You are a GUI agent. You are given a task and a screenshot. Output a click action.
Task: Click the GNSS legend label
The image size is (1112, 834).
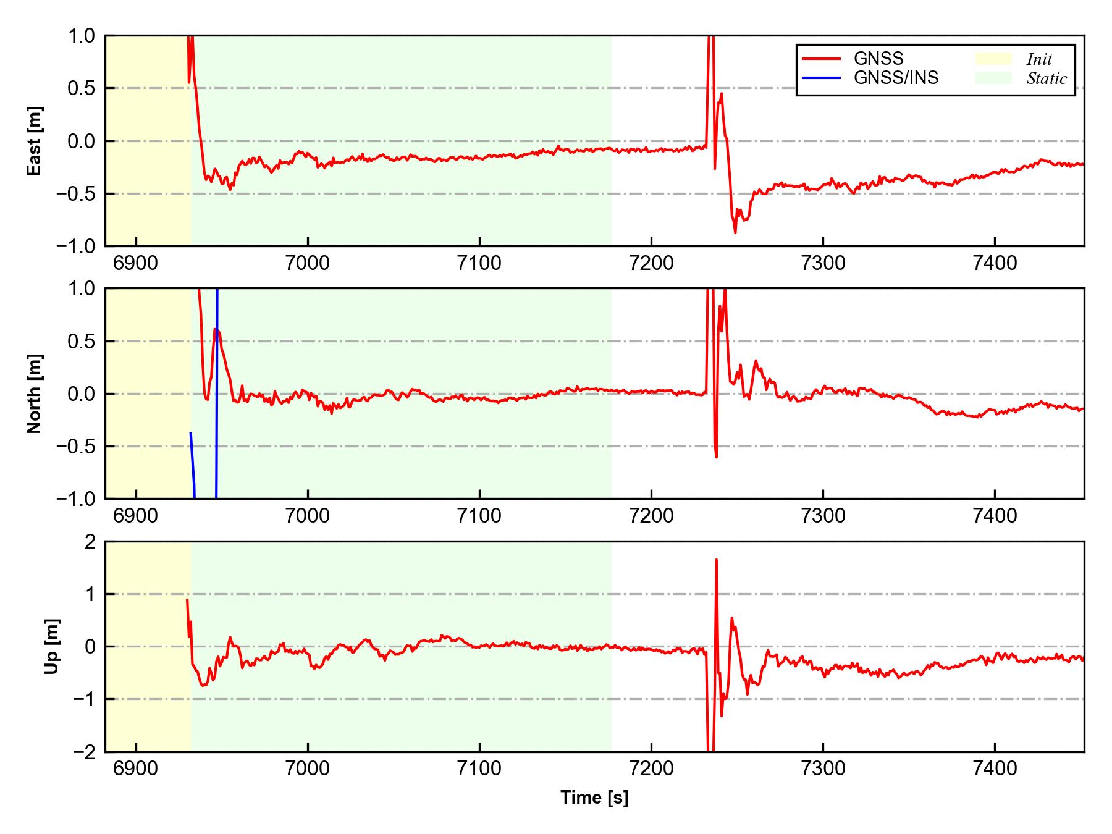coord(878,59)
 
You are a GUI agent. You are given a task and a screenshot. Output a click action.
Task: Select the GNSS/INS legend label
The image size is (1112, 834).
coord(896,78)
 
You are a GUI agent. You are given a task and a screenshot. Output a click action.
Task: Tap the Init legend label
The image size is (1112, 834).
coord(1039,59)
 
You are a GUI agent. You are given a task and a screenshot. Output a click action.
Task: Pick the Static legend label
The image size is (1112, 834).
coord(1047,78)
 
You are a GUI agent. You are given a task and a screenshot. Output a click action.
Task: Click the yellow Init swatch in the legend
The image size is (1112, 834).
coord(993,59)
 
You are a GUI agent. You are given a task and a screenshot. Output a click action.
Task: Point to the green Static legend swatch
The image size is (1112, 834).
coord(993,78)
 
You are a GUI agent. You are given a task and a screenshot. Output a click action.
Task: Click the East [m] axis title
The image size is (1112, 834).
coord(35,141)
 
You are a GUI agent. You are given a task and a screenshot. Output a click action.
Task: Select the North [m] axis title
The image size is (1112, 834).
coord(35,394)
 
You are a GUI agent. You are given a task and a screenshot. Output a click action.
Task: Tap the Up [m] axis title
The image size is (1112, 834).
coord(52,646)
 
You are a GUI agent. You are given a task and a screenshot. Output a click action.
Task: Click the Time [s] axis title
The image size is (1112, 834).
coord(594,798)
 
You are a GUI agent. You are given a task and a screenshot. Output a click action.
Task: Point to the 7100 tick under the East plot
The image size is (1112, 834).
coord(479,263)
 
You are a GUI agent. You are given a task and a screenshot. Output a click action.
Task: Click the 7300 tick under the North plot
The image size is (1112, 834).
coord(823,516)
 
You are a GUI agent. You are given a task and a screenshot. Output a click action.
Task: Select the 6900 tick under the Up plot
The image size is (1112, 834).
coord(136,769)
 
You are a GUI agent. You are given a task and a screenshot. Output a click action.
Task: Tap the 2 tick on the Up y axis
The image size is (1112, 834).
coord(90,542)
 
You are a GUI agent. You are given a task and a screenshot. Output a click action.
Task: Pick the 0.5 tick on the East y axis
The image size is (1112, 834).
coord(82,88)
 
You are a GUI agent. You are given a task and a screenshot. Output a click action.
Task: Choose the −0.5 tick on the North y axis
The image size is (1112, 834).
coord(76,446)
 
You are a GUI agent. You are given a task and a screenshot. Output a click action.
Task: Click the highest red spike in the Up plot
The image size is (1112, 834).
coord(716,560)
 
